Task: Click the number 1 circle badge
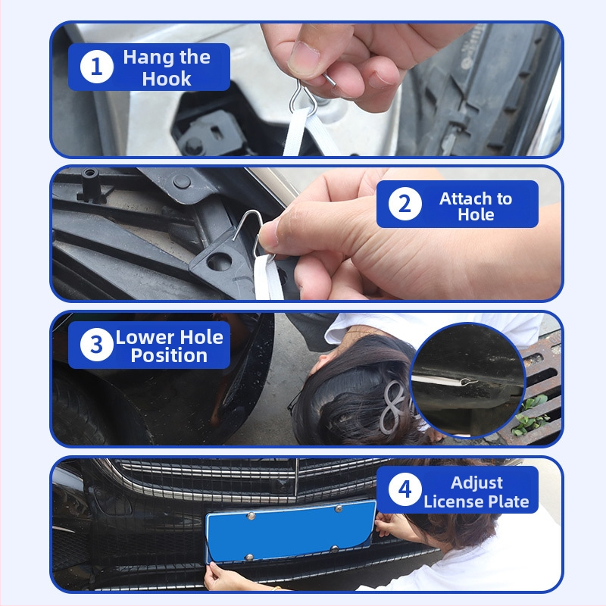click(x=97, y=67)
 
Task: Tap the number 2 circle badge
click(x=405, y=204)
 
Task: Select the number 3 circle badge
click(x=97, y=345)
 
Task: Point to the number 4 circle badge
click(x=405, y=489)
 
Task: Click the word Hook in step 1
click(x=167, y=79)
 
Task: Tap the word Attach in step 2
click(x=464, y=198)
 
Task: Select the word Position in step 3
click(x=169, y=355)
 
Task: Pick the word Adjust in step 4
click(x=476, y=483)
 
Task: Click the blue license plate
click(x=291, y=531)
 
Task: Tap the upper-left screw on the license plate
click(x=251, y=516)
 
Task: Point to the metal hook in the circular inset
click(x=469, y=382)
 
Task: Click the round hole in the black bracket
click(x=219, y=262)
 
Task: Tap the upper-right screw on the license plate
click(x=339, y=508)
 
